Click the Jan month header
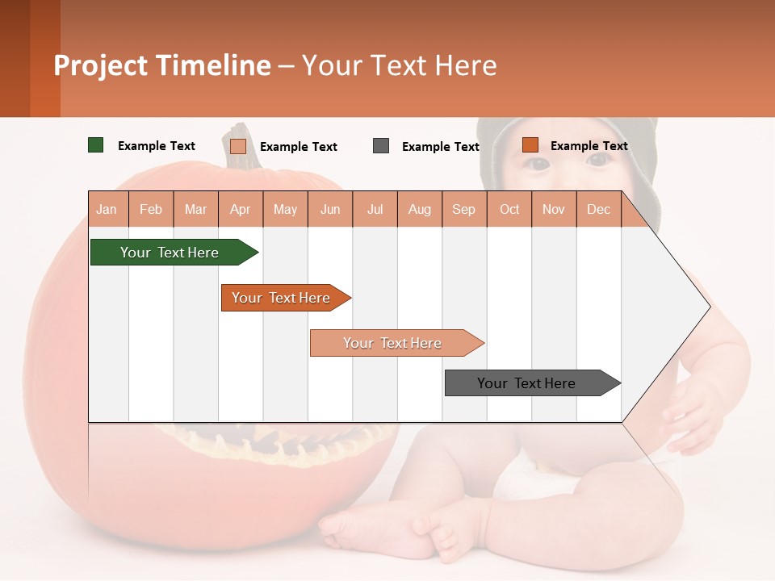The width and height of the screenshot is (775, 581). pyautogui.click(x=107, y=209)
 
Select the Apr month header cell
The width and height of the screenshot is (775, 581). pyautogui.click(x=241, y=209)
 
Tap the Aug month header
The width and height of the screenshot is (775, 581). pyautogui.click(x=420, y=209)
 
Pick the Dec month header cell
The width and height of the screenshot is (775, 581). pyautogui.click(x=599, y=209)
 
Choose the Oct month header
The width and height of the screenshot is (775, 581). pyautogui.click(x=509, y=209)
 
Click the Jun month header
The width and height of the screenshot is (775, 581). pyautogui.click(x=330, y=209)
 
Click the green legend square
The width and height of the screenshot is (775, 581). pyautogui.click(x=96, y=145)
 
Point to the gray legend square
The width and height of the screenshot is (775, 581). pyautogui.click(x=381, y=146)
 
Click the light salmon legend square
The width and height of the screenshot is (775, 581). pyautogui.click(x=238, y=146)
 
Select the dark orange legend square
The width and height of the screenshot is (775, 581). pyautogui.click(x=530, y=145)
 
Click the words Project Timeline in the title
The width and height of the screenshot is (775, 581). pyautogui.click(x=162, y=65)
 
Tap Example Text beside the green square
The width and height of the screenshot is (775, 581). pyautogui.click(x=157, y=146)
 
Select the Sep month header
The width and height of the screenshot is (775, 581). pyautogui.click(x=464, y=209)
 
